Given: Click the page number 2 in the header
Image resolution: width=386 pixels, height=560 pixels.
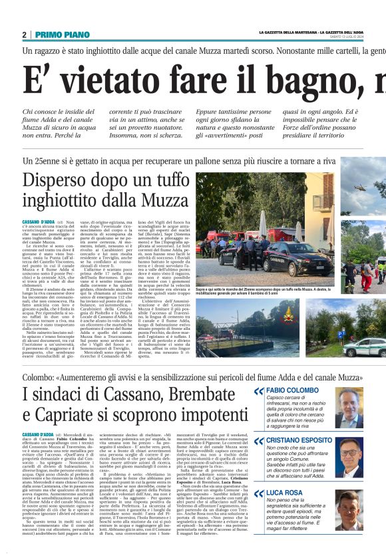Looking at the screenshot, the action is [24, 35].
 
